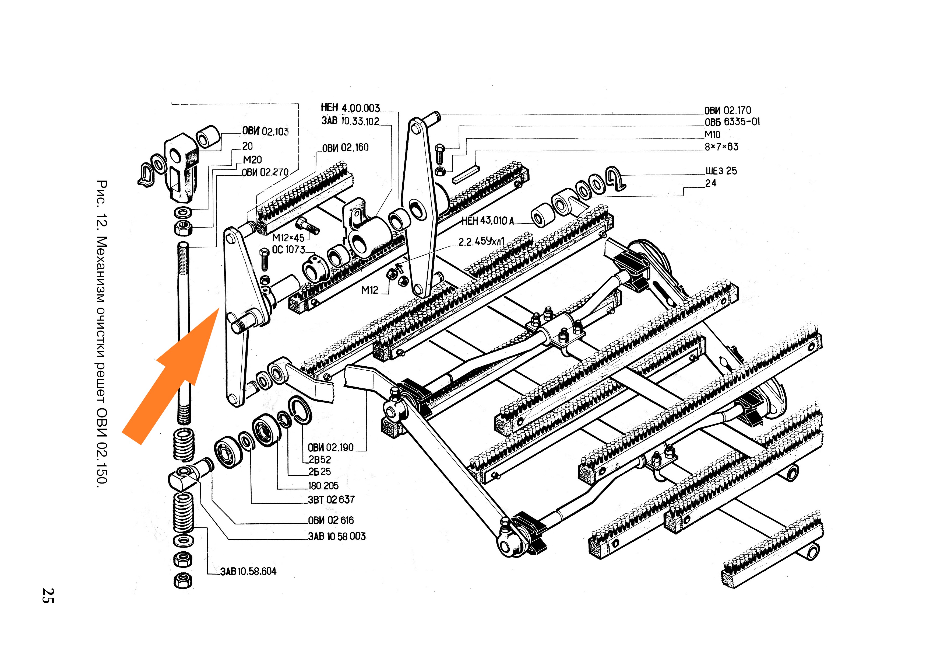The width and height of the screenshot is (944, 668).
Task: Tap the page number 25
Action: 48,596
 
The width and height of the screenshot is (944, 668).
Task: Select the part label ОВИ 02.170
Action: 727,110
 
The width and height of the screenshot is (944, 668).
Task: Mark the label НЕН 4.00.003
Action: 350,108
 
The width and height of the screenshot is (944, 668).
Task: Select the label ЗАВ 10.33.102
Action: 350,121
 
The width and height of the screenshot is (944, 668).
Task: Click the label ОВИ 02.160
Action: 345,147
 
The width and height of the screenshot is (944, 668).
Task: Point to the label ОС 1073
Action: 289,249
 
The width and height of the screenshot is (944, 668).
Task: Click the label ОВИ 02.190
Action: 330,447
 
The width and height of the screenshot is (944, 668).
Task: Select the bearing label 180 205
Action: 323,486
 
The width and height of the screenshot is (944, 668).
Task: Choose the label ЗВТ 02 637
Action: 331,499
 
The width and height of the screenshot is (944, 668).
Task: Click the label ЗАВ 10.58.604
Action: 248,571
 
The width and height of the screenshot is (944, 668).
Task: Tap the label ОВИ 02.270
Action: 265,172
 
